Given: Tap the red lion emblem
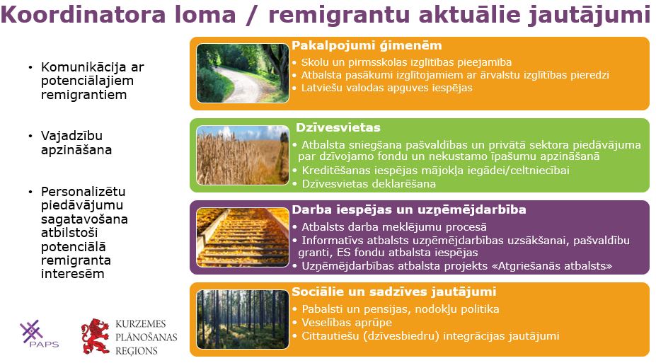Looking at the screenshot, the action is (x=96, y=336).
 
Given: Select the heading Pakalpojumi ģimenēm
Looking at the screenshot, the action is (x=367, y=45).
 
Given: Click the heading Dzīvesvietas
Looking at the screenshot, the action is (x=338, y=127).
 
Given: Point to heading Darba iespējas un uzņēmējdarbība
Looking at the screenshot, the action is (x=409, y=209).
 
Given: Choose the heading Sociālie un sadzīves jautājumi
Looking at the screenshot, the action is (x=393, y=292).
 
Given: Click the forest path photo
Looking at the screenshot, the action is (x=243, y=73).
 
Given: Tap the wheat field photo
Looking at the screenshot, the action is (x=243, y=155).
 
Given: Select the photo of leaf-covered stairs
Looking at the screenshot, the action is (x=243, y=237).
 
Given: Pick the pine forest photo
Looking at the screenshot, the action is (x=243, y=319).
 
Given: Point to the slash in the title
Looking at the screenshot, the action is (x=251, y=15).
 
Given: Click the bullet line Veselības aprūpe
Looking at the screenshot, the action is (x=347, y=323).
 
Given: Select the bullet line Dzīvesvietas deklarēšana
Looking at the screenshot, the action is (x=369, y=183).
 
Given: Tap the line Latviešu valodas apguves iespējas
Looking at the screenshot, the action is (x=386, y=88).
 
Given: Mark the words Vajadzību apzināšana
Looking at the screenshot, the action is (x=76, y=143).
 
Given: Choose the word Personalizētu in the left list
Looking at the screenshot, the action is (x=84, y=192).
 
